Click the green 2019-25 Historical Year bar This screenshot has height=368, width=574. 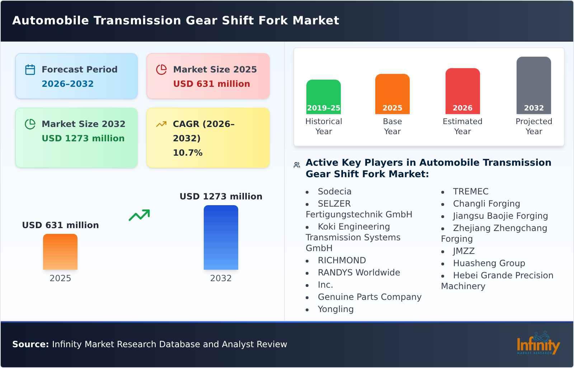pyautogui.click(x=323, y=96)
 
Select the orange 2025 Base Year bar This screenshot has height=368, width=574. pyautogui.click(x=392, y=94)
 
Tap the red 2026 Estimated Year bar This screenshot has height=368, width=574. pyautogui.click(x=462, y=91)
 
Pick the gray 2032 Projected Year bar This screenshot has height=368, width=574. pyautogui.click(x=533, y=85)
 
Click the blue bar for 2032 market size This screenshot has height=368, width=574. pyautogui.click(x=221, y=237)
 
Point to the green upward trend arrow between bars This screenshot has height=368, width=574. pyautogui.click(x=139, y=215)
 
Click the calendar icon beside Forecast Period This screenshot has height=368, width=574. pyautogui.click(x=30, y=70)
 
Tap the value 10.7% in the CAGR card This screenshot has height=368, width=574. pyautogui.click(x=188, y=153)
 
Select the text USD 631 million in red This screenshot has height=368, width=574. pyautogui.click(x=211, y=84)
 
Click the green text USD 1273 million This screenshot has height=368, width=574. pyautogui.click(x=83, y=138)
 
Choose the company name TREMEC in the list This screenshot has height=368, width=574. pyautogui.click(x=470, y=192)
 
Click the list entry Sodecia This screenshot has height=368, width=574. pyautogui.click(x=334, y=192)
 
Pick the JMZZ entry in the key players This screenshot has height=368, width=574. pyautogui.click(x=464, y=251)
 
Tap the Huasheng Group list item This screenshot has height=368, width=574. pyautogui.click(x=489, y=263)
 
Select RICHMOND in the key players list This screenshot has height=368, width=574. pyautogui.click(x=342, y=260)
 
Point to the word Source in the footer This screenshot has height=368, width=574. pyautogui.click(x=30, y=344)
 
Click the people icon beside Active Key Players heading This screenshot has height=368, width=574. pyautogui.click(x=297, y=165)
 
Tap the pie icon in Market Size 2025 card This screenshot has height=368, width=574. pyautogui.click(x=161, y=70)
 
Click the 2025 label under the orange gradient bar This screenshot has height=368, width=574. pyautogui.click(x=60, y=278)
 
